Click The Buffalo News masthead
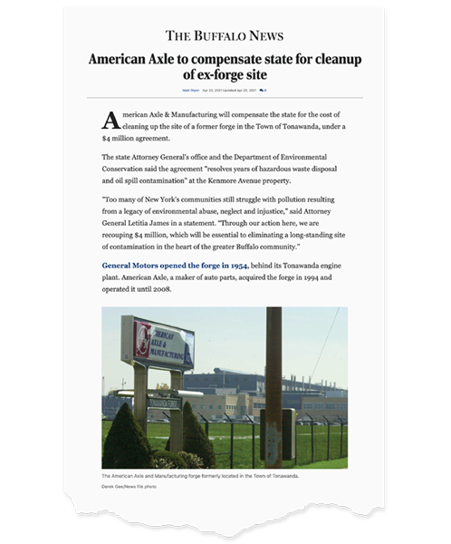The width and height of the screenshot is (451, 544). [225, 36]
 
